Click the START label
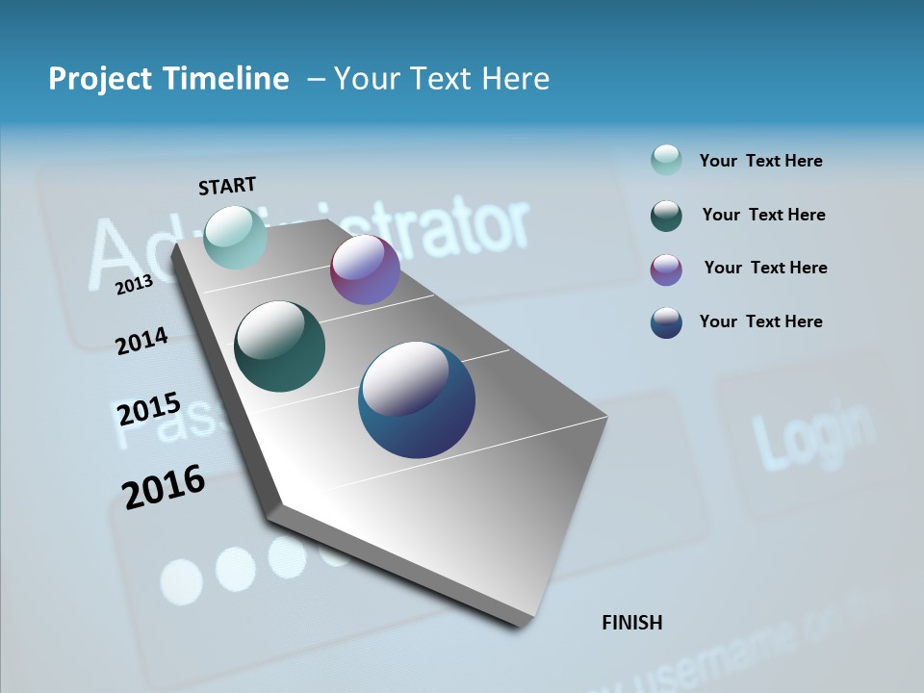[x=227, y=186]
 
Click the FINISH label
[x=632, y=623]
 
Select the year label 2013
[x=135, y=284]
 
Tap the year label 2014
[x=142, y=342]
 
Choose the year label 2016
[x=164, y=486]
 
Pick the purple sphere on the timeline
[x=365, y=270]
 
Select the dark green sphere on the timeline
[x=280, y=346]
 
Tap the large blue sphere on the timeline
[x=417, y=399]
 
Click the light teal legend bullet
[x=666, y=161]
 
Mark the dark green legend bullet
[x=666, y=216]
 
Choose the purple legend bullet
[x=666, y=269]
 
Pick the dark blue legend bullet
[x=666, y=322]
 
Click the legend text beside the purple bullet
[x=765, y=268]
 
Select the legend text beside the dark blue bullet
[x=760, y=321]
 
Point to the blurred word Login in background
[x=813, y=433]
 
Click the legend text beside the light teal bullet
[x=760, y=161]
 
